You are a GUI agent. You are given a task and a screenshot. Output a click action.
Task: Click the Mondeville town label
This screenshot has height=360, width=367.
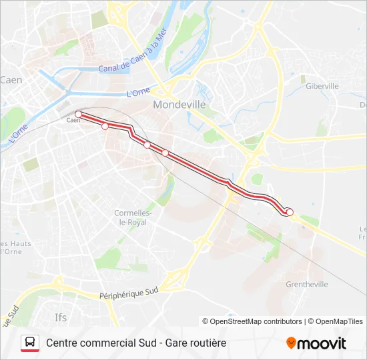coord(179,105)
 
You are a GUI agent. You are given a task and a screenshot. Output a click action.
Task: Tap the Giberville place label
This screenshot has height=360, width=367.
coord(322,86)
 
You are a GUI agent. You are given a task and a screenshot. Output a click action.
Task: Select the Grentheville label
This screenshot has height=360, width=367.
coord(307,284)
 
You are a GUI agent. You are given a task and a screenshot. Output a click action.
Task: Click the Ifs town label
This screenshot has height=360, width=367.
coord(60,317)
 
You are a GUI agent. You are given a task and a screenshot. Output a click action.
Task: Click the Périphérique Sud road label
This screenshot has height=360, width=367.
coord(128,293)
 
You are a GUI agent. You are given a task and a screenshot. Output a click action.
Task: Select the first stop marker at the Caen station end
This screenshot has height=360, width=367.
coord(78,115)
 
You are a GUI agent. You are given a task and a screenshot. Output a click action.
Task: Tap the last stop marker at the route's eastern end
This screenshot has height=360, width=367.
coord(290,212)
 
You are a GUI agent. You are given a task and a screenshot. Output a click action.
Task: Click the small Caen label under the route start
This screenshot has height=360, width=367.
coord(73,121)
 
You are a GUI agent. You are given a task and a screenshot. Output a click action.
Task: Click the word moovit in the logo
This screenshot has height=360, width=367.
coord(322,343)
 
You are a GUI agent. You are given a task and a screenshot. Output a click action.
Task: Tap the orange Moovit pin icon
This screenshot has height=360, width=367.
coord(291,343)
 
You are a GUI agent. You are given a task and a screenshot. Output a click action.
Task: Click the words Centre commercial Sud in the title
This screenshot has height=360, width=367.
coord(98,343)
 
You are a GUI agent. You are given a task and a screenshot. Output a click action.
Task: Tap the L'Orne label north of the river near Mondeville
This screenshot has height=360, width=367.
coord(137,92)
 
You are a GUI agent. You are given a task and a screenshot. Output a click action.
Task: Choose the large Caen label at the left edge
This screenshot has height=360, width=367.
coord(11,80)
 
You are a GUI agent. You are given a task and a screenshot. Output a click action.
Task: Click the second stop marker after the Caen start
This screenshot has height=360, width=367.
coord(105,126)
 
